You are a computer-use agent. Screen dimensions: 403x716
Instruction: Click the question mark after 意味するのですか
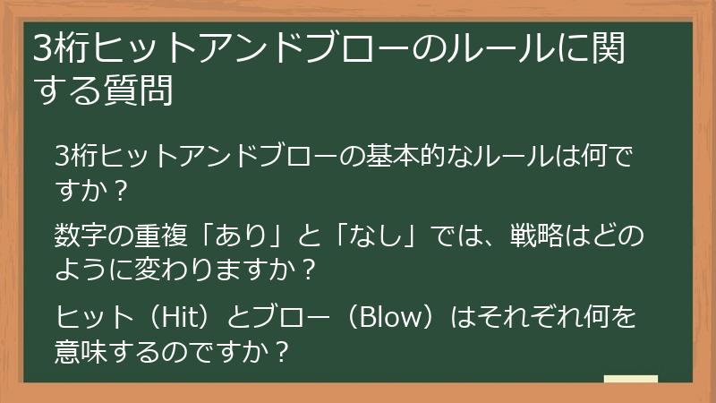coord(282,350)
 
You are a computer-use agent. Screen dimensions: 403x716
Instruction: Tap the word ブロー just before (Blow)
coord(291,317)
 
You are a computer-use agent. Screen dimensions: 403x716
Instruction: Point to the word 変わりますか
coord(220,269)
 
